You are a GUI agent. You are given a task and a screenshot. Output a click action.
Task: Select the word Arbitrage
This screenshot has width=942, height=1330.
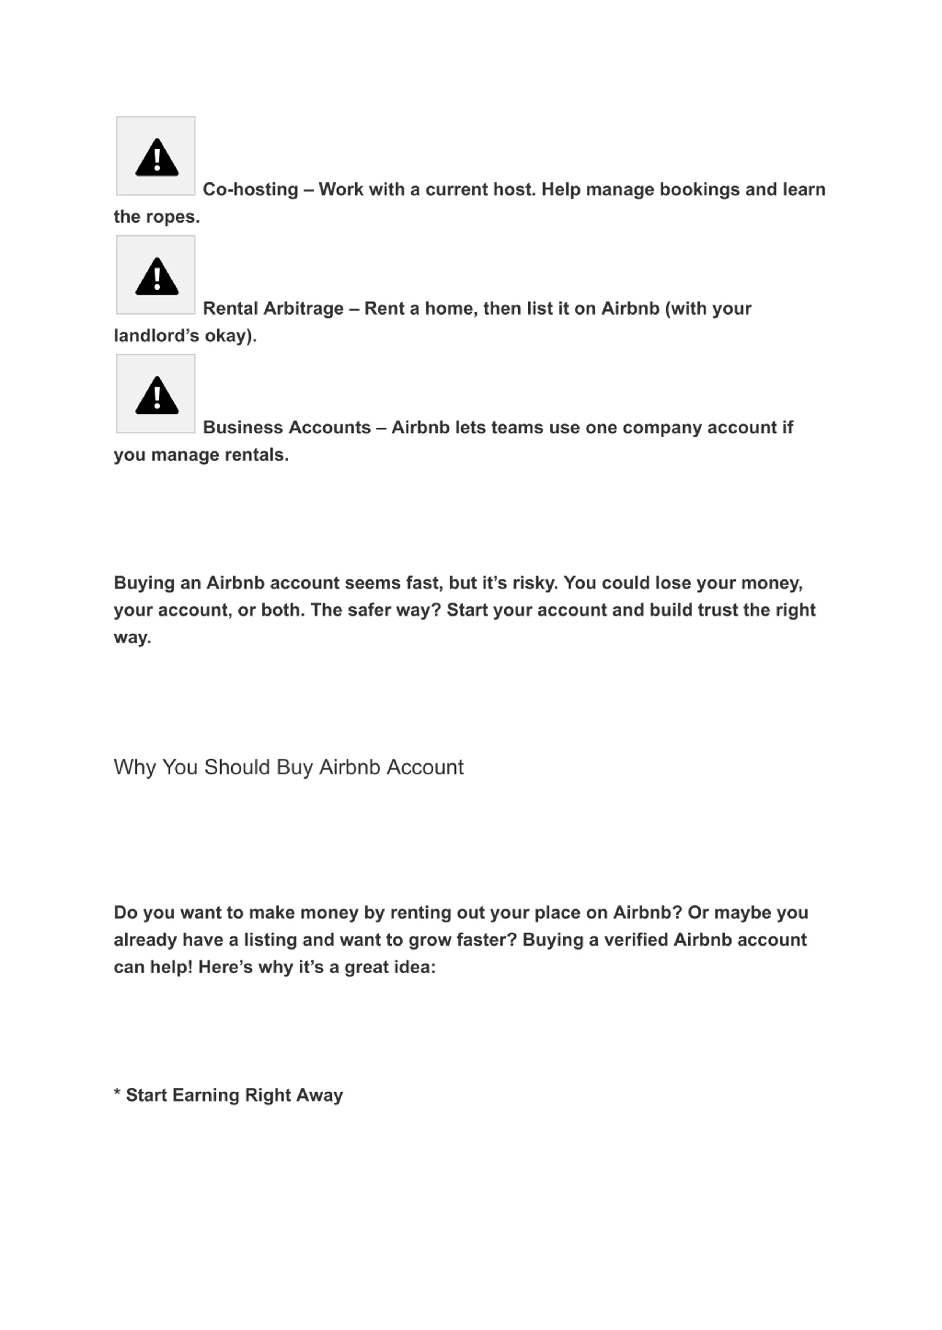pos(303,309)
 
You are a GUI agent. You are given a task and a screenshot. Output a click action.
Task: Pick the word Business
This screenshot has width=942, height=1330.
pos(243,428)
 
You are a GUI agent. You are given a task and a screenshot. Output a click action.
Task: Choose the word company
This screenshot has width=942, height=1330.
pos(662,428)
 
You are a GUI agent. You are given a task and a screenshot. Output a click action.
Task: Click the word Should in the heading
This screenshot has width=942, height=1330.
pos(237,767)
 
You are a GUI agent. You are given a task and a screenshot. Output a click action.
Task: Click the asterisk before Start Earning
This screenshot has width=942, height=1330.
pos(117,1093)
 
